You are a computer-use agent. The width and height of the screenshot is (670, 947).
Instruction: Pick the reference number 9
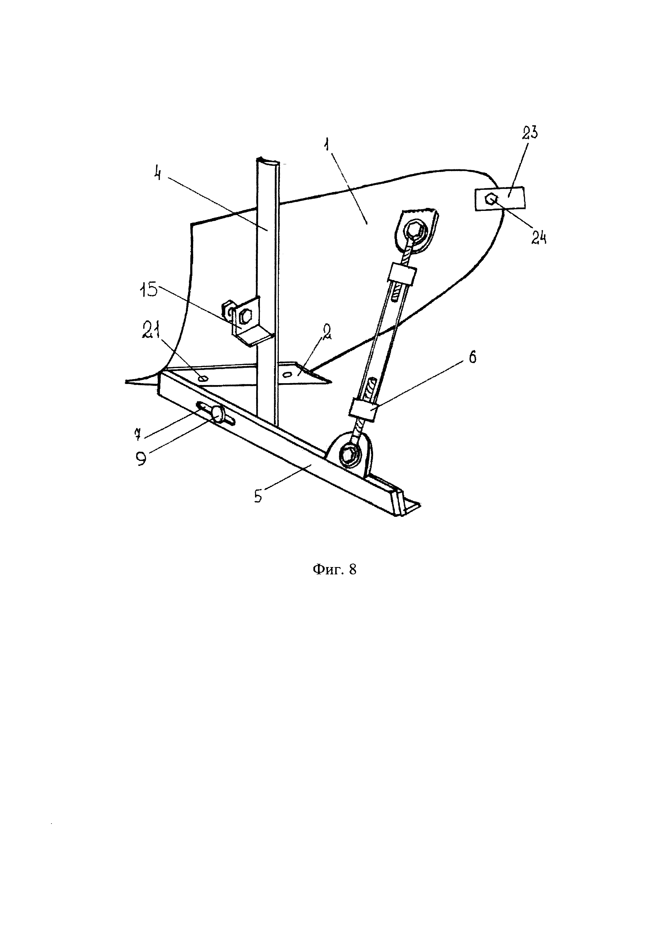[142, 459]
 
